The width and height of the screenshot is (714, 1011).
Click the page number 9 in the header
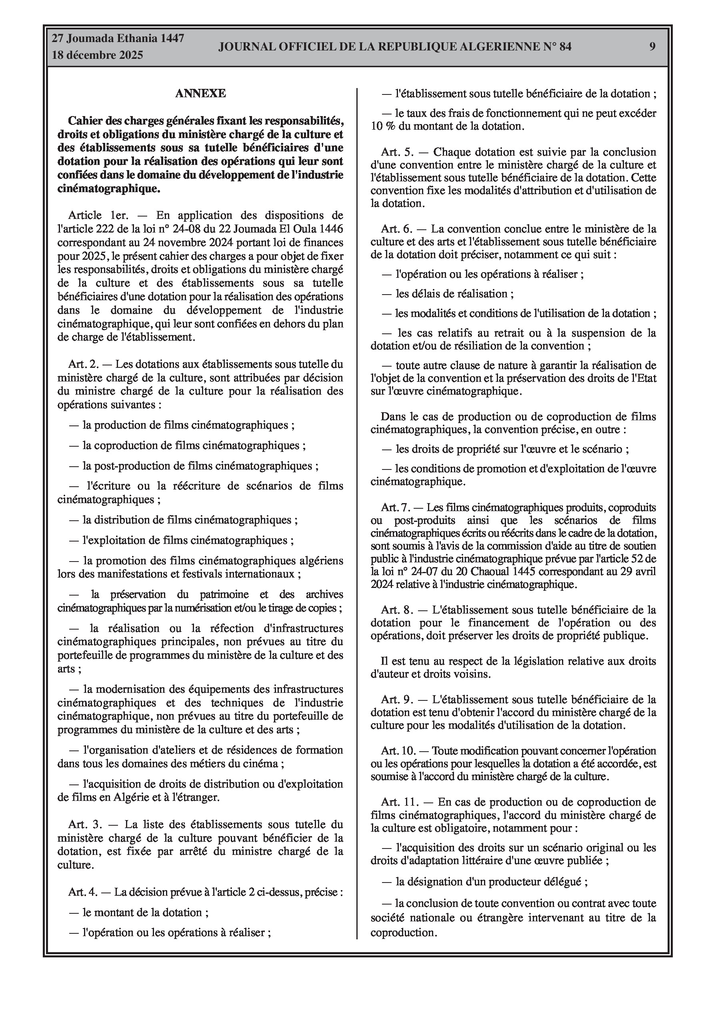652,47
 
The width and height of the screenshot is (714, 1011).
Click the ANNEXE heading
200,93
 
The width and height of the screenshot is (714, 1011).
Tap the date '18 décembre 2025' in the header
97,55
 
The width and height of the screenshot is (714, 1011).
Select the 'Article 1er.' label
98,215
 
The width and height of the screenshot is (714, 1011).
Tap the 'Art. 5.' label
398,152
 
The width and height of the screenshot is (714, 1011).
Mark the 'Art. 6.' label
397,229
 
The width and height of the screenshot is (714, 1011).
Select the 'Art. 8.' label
398,610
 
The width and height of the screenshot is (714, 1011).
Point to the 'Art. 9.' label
398,699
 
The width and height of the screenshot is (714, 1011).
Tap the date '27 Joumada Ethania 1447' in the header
118,38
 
